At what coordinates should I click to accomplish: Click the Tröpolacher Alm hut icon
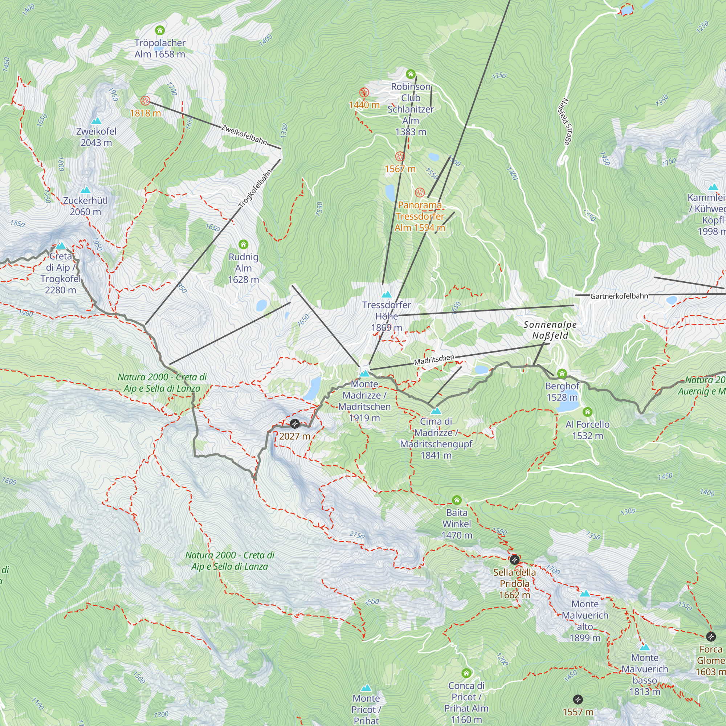click(160, 30)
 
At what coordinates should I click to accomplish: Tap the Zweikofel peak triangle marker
click(96, 121)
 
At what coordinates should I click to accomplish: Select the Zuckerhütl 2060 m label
click(85, 206)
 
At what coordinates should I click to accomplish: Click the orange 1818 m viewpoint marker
click(145, 101)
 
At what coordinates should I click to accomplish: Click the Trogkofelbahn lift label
click(255, 189)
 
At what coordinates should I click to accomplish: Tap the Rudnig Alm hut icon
click(243, 245)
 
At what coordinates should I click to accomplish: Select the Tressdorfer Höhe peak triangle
click(386, 294)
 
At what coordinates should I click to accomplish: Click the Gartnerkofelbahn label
click(619, 296)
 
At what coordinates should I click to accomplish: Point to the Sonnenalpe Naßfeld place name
click(550, 330)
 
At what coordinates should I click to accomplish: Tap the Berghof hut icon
click(562, 374)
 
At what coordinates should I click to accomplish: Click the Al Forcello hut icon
click(587, 412)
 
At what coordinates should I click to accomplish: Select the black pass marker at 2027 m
click(295, 424)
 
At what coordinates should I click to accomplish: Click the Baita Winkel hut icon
click(457, 500)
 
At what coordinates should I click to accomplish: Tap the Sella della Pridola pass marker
click(514, 560)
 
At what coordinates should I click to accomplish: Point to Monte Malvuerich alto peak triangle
click(585, 594)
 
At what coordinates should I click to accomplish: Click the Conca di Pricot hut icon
click(466, 673)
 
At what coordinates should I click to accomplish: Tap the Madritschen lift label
click(434, 360)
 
